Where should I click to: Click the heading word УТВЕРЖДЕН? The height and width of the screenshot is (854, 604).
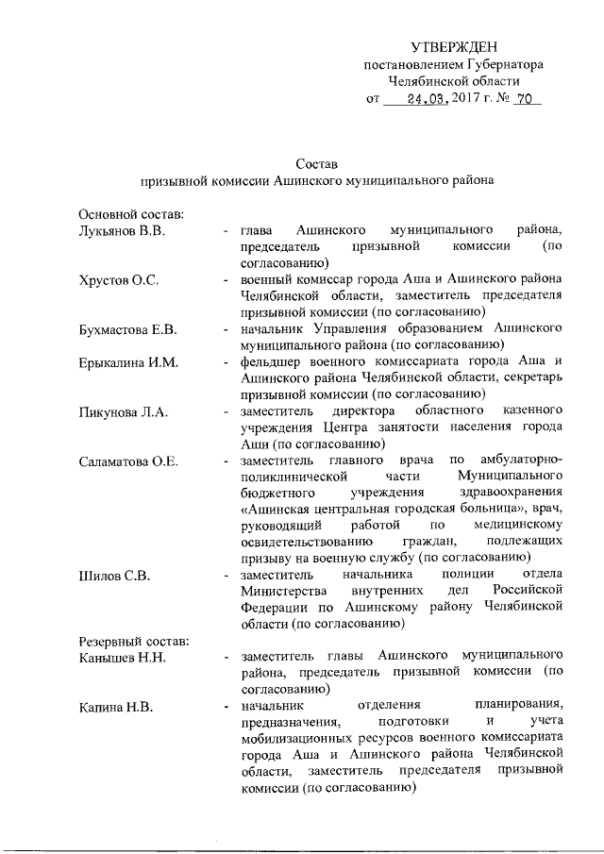(x=453, y=47)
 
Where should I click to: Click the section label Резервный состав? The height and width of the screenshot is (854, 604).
(x=133, y=641)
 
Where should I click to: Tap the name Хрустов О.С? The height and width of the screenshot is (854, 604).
(x=117, y=280)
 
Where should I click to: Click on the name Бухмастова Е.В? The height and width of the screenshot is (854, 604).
(x=128, y=330)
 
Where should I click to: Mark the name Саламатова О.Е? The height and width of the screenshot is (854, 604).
(x=128, y=461)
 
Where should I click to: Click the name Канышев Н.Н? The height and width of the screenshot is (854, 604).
(x=122, y=658)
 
